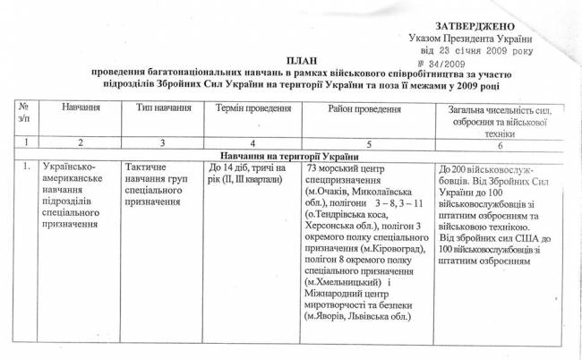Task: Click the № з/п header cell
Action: (23, 113)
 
